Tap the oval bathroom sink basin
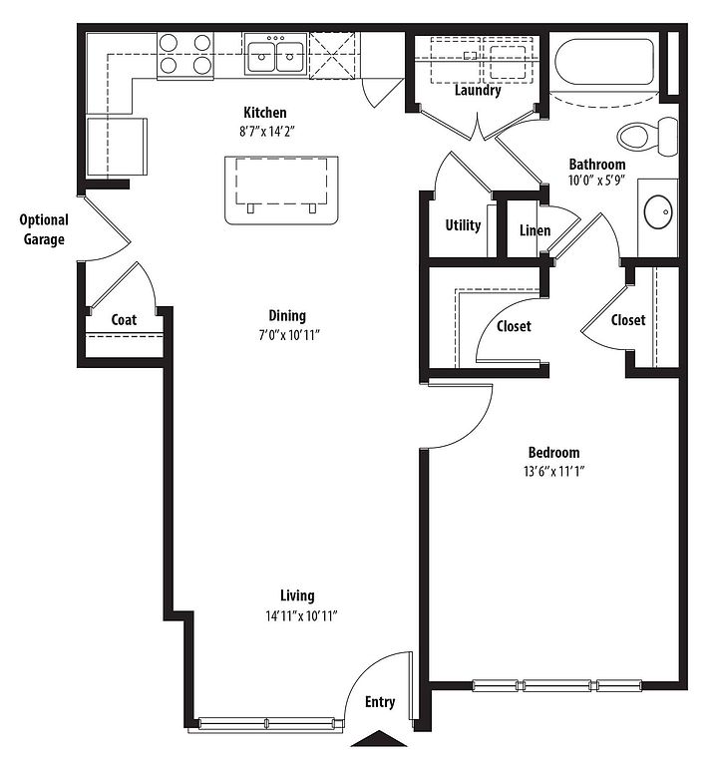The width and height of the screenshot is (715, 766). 658,212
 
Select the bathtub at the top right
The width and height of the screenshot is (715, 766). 604,62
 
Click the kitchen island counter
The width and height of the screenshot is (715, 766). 281,191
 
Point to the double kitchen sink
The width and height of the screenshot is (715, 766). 275,55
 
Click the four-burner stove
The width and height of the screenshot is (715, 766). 185,54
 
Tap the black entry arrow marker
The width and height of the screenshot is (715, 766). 379,739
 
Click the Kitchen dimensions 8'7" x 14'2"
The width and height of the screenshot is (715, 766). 267,132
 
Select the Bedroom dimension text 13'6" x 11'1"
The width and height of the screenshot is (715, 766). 553,471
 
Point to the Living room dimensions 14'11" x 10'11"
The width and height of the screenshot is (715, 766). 301,615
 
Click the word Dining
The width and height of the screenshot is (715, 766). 287,315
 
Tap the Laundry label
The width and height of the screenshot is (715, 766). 478,91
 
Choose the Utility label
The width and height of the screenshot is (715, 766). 463,225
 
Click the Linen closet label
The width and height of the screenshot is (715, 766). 535,230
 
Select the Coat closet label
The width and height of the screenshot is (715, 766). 124,320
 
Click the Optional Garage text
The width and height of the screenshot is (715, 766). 44,229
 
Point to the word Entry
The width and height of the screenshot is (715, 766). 380,702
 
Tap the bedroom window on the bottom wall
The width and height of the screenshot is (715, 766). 557,685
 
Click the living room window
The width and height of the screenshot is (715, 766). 266,723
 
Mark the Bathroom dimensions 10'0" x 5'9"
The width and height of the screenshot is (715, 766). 596,181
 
